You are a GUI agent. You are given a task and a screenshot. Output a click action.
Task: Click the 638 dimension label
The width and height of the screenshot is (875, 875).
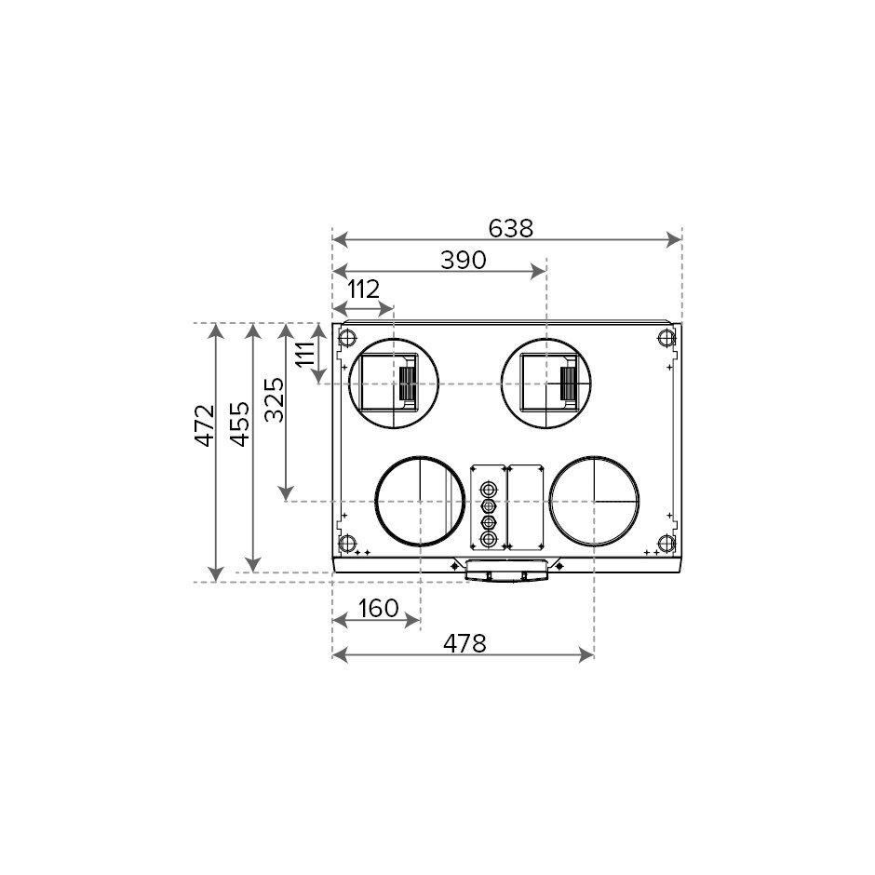tap(511, 228)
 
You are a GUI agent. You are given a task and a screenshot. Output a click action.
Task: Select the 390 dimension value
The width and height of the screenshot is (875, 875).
tap(464, 260)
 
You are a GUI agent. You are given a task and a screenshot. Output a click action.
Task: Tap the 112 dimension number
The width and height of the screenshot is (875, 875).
tap(363, 289)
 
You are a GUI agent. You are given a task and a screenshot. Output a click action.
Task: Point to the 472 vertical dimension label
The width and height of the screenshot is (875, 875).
tap(205, 425)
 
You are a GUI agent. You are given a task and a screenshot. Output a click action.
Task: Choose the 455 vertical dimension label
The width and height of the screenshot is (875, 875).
tap(240, 424)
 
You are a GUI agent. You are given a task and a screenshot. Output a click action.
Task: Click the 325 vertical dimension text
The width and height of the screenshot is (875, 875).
tap(274, 399)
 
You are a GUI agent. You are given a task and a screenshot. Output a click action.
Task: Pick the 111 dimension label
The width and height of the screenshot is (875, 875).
tap(305, 354)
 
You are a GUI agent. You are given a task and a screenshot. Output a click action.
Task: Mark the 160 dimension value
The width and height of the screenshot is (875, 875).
tap(378, 608)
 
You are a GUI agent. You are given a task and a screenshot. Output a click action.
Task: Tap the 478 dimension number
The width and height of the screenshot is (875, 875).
tap(464, 643)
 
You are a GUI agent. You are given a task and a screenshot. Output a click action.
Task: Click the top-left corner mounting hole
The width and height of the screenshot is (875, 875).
tap(347, 337)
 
